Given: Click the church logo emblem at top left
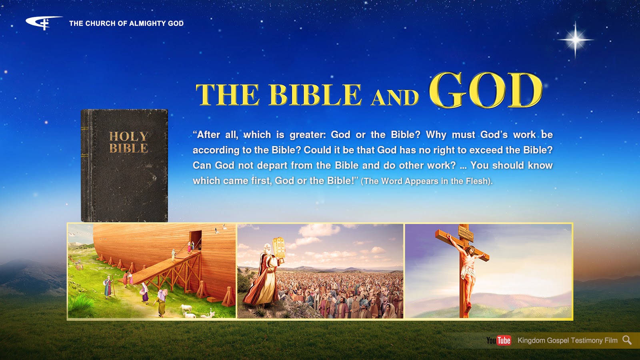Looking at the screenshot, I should click(43, 22).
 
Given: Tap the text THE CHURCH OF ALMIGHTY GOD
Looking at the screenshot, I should click(126, 24).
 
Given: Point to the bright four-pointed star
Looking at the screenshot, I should click(575, 40).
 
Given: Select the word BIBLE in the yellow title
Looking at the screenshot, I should click(315, 95).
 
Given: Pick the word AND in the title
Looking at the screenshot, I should click(395, 98).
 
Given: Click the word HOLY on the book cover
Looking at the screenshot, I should click(128, 136).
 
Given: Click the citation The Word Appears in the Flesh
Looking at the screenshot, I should click(426, 181).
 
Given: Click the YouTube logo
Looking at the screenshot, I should click(498, 340).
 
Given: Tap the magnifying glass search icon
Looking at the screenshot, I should click(627, 340).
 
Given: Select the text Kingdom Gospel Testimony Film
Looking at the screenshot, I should click(567, 340).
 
